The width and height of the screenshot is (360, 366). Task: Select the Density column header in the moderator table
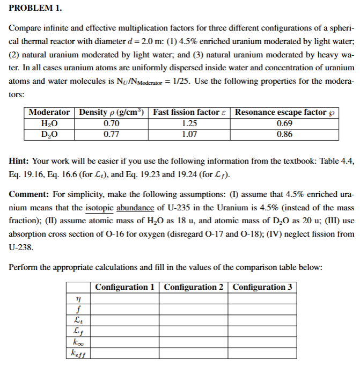click(111, 112)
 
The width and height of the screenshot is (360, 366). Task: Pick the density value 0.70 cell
click(111, 123)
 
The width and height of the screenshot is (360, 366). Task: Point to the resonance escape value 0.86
click(284, 134)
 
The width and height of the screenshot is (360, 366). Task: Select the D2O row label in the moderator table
click(49, 134)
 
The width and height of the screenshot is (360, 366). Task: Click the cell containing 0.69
click(284, 123)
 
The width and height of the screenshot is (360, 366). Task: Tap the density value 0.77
click(111, 134)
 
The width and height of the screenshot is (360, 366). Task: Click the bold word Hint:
click(20, 161)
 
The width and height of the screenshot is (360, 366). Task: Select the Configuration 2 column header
click(194, 287)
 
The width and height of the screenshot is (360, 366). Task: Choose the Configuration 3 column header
click(262, 287)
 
